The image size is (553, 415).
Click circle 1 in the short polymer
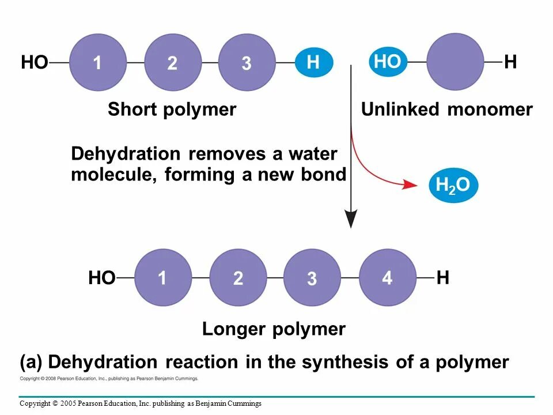(98, 62)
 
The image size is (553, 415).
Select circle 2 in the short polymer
(172, 62)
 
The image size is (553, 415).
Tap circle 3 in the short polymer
(247, 62)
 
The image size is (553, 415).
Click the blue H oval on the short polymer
(314, 62)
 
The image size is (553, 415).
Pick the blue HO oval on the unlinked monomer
(387, 62)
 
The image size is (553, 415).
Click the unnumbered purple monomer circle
(456, 62)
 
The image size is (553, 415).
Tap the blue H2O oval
(453, 185)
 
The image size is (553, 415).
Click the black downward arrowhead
(351, 219)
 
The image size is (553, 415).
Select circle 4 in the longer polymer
(387, 278)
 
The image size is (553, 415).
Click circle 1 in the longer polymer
(163, 278)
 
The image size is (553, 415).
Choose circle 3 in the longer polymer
(312, 278)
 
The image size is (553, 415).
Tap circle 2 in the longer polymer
(238, 278)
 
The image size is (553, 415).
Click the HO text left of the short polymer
(35, 62)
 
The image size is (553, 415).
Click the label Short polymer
(172, 110)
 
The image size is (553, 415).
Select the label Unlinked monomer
(446, 110)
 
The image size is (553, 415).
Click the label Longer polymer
(274, 329)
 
